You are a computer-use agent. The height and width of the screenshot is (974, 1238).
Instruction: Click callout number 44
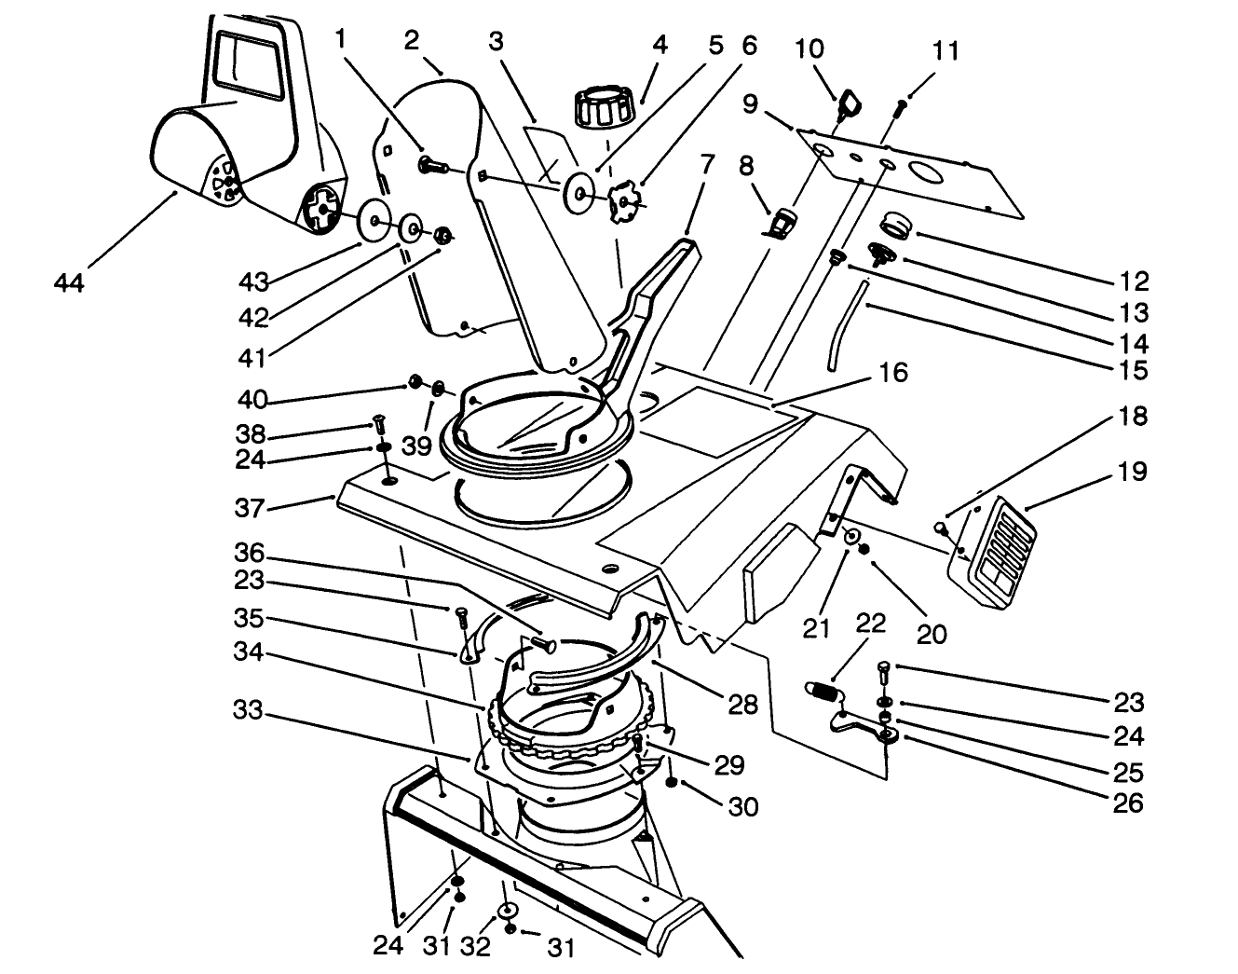tap(69, 282)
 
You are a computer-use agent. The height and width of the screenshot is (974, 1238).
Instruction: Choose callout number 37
tap(252, 508)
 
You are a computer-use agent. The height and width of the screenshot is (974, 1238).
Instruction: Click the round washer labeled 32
tap(509, 912)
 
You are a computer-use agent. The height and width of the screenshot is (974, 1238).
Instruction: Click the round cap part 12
tap(898, 225)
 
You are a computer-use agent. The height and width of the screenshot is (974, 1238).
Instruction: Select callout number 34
tap(252, 653)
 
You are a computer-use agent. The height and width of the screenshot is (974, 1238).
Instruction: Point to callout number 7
tap(706, 165)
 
